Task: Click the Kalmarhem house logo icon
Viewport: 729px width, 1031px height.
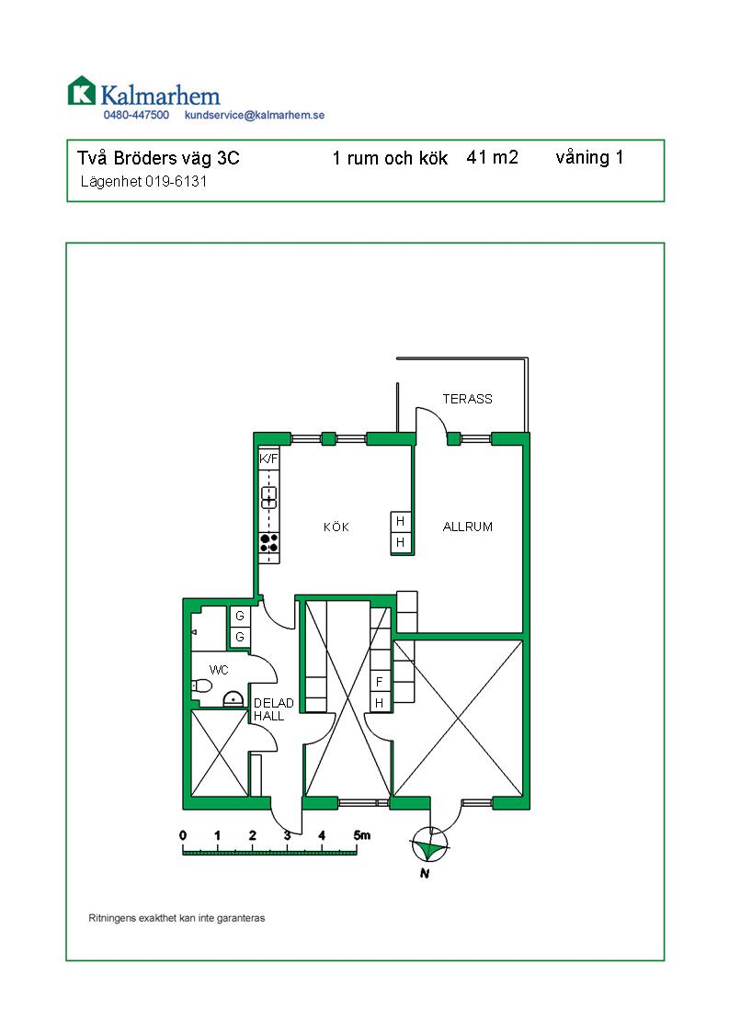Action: (x=82, y=91)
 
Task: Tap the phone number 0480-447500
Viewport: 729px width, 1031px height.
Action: (x=136, y=115)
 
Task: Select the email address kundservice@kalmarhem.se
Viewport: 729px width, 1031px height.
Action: (x=255, y=115)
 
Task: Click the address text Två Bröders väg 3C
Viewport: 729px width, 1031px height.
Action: (x=158, y=158)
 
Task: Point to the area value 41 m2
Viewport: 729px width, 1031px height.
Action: (x=492, y=157)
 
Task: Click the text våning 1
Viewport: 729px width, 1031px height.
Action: (x=589, y=158)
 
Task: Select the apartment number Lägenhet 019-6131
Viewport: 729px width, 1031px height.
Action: (x=143, y=181)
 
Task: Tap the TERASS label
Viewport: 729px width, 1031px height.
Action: (x=467, y=399)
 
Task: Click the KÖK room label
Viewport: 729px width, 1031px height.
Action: (x=336, y=527)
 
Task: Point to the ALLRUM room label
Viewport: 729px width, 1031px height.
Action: (x=468, y=526)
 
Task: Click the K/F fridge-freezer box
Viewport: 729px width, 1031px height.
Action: (x=268, y=459)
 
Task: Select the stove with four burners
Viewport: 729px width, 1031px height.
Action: (x=269, y=543)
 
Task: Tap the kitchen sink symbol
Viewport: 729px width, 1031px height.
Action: (x=269, y=497)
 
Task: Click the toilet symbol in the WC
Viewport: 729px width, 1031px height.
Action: (x=202, y=685)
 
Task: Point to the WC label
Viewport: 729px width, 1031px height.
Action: (x=219, y=670)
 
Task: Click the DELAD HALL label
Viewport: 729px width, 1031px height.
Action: (x=273, y=709)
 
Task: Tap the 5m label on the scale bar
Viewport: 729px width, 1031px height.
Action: (x=362, y=835)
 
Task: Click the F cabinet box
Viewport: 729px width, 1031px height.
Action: (x=380, y=682)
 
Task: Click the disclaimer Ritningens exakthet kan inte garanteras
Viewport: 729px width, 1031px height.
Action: (x=177, y=918)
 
